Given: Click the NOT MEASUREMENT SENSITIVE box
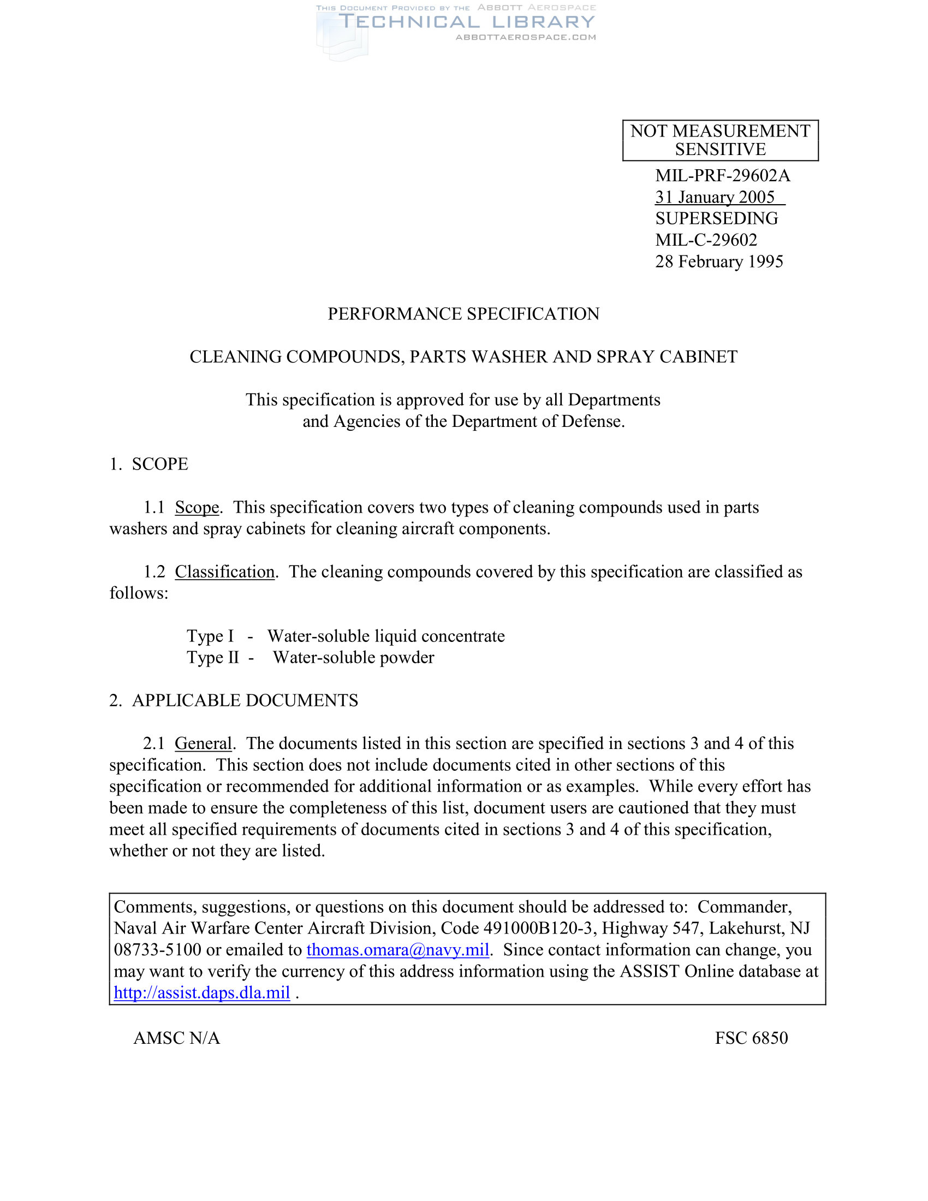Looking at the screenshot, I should point(719,140).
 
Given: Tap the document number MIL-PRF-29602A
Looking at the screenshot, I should point(722,175).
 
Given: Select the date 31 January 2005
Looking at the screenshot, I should point(715,197).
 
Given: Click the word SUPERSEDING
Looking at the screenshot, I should point(716,218).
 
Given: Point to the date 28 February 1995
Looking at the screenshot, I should point(718,261).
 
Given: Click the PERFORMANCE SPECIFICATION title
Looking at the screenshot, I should point(463,314).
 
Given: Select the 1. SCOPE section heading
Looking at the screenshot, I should point(149,464).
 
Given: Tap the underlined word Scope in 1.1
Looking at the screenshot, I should point(197,507).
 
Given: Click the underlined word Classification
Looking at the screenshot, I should point(225,572).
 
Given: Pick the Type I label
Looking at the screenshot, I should point(210,636).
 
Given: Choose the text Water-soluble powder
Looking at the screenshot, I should point(354,658).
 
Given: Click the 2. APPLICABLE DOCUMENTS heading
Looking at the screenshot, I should point(234,700).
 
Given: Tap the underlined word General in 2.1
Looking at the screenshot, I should point(204,744).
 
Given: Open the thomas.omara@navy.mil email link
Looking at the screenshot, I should point(397,950).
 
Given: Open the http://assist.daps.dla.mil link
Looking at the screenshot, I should point(202,992).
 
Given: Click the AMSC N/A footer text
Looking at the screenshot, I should point(176,1038).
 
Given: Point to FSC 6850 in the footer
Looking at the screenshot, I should point(751,1038).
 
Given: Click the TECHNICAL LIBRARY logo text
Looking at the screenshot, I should point(467,22).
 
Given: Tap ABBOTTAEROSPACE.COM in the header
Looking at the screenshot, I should point(526,37).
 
